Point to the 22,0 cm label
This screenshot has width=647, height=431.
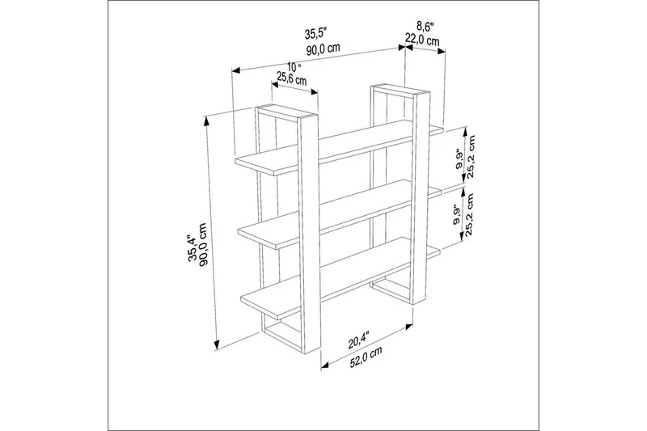[x=423, y=40]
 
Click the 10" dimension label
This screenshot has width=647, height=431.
[x=293, y=66]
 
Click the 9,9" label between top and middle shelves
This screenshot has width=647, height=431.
[x=459, y=163]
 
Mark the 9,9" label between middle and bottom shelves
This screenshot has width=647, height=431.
[x=458, y=215]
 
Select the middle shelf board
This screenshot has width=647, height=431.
[x=340, y=209]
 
